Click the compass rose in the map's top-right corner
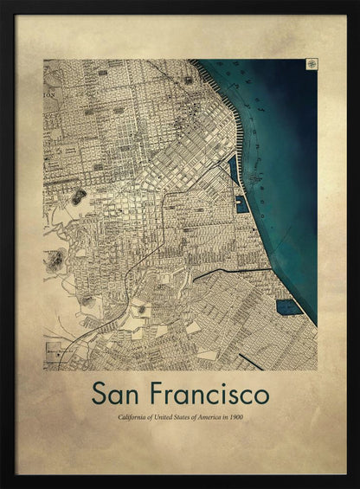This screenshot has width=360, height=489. click(310, 64)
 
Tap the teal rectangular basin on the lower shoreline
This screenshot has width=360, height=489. click(288, 306)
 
